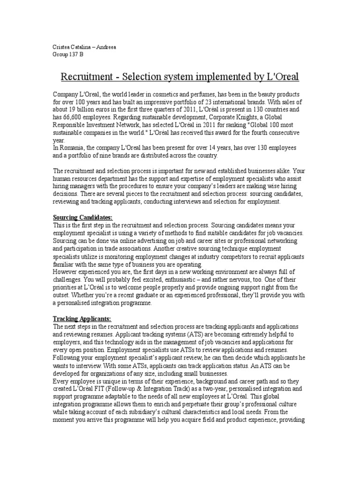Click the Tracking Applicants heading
tap(82, 319)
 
